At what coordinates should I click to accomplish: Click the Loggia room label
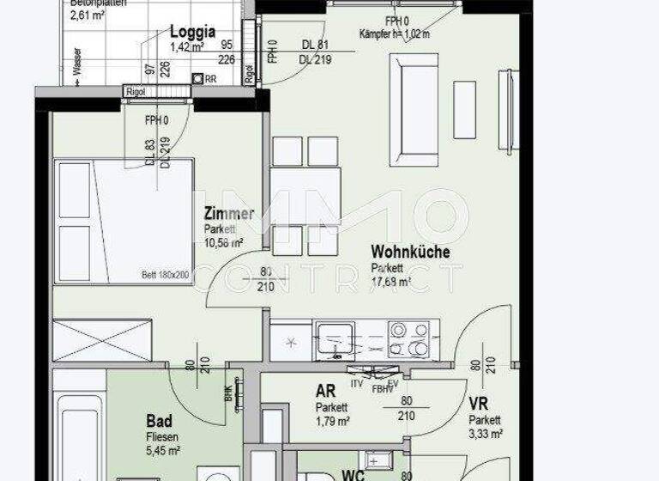tap(192, 32)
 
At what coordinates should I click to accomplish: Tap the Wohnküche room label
tap(410, 253)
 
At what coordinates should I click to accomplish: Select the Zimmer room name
tap(228, 214)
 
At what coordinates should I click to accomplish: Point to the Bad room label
tap(159, 421)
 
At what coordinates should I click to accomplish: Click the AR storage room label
tap(325, 393)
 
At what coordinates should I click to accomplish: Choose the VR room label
tap(478, 405)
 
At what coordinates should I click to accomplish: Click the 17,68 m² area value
tap(390, 280)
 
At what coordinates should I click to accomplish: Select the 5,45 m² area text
tap(161, 450)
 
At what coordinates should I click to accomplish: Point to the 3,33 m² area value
tap(485, 435)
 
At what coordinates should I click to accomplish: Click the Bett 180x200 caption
tap(165, 275)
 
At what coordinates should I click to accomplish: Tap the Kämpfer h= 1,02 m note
tap(396, 34)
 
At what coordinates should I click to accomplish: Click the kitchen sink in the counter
tap(333, 338)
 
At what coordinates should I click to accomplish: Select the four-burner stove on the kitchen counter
tap(408, 338)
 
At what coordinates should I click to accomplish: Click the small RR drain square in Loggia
tap(198, 79)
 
